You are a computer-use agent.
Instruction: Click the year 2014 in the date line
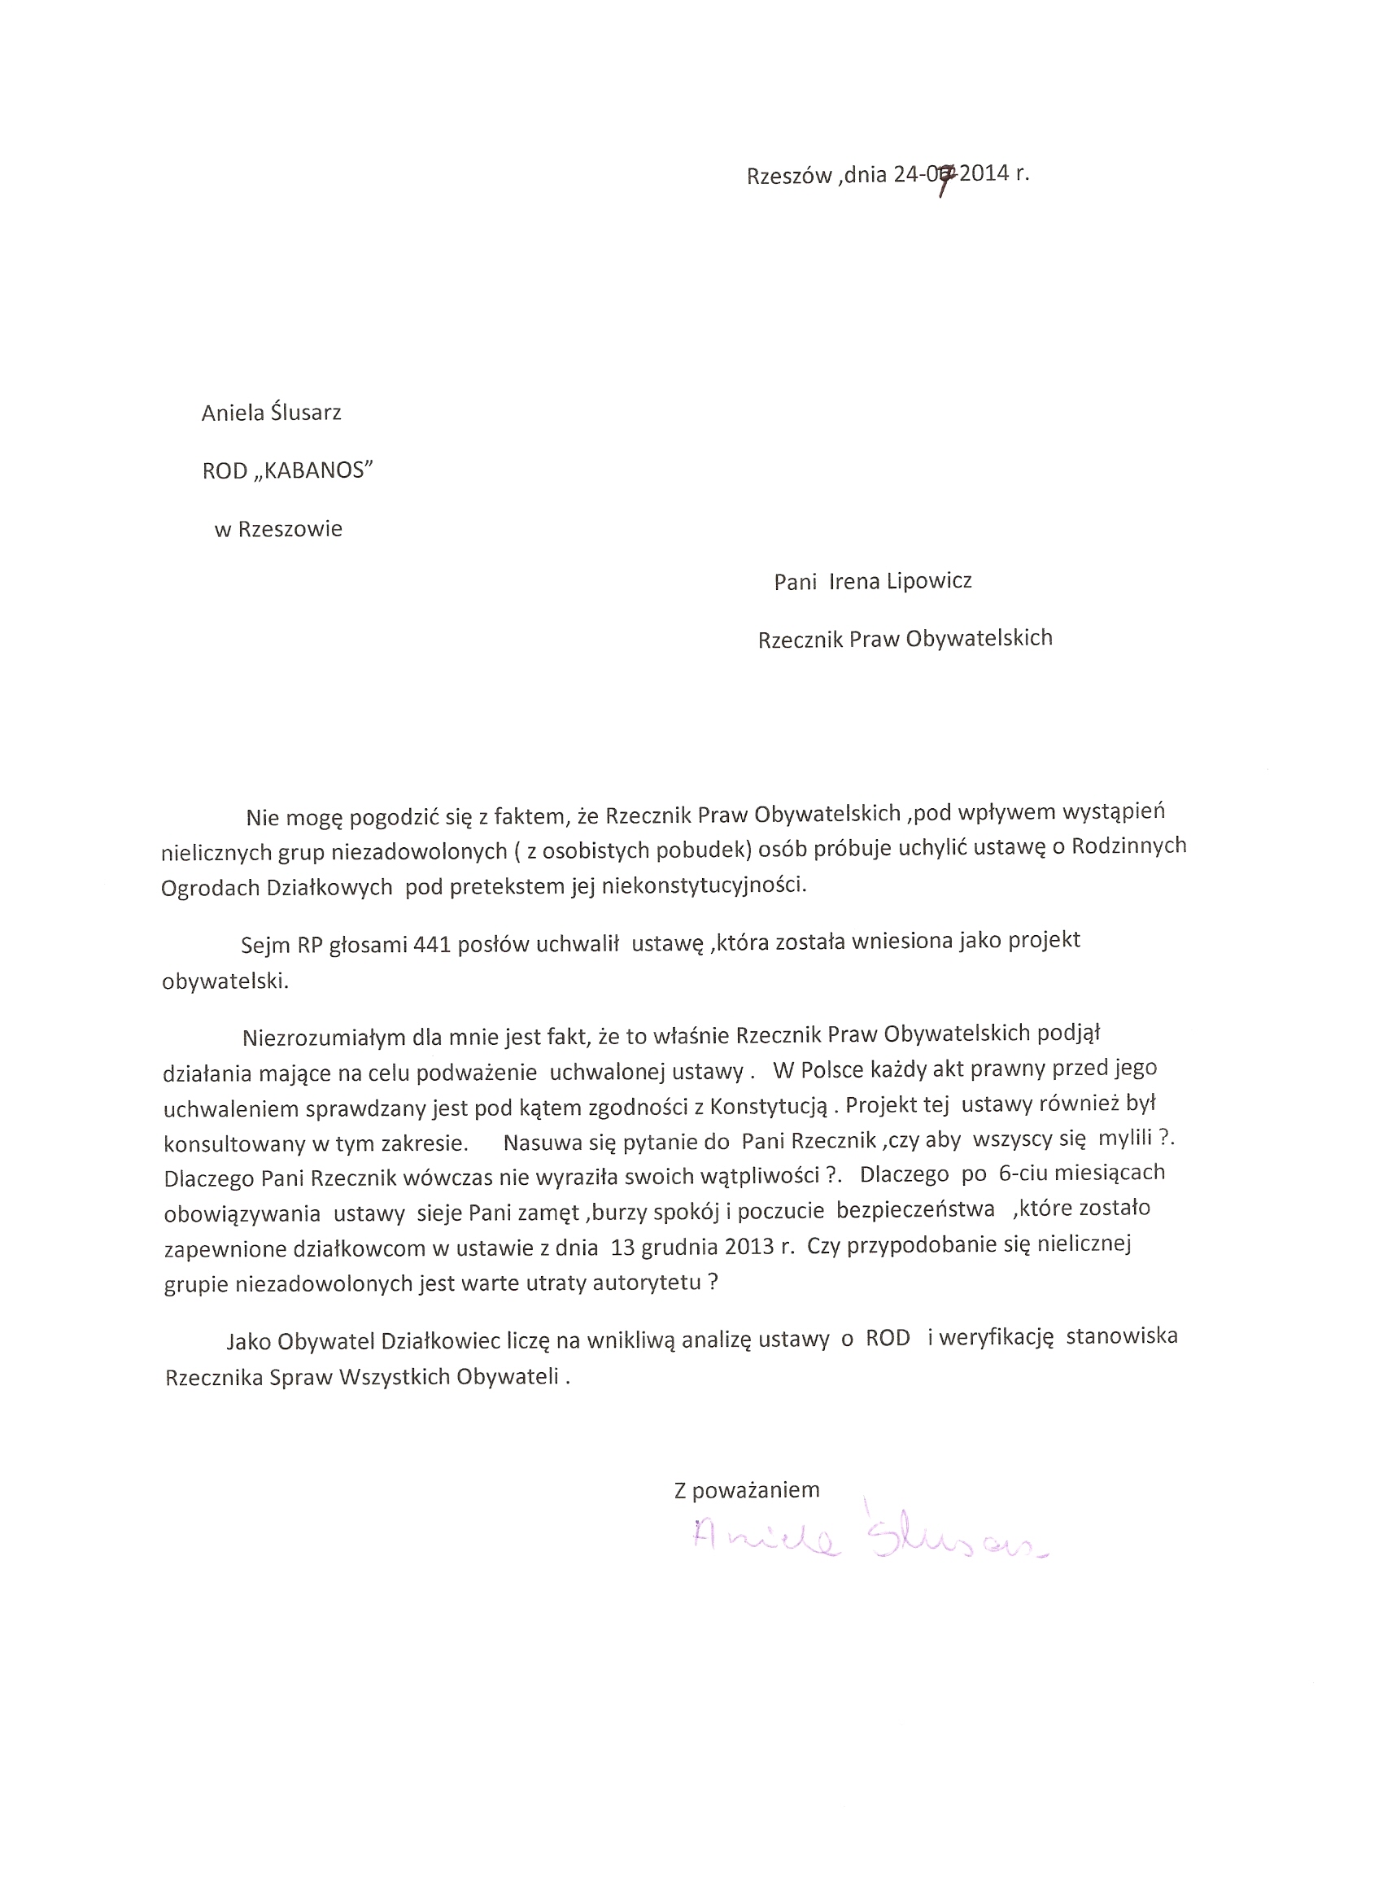point(984,174)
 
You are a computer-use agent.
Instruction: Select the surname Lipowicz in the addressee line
point(923,581)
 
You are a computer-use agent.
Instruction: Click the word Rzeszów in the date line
point(788,176)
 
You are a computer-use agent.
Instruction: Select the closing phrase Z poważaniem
point(747,1489)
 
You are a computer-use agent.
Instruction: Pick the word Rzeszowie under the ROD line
point(290,529)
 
